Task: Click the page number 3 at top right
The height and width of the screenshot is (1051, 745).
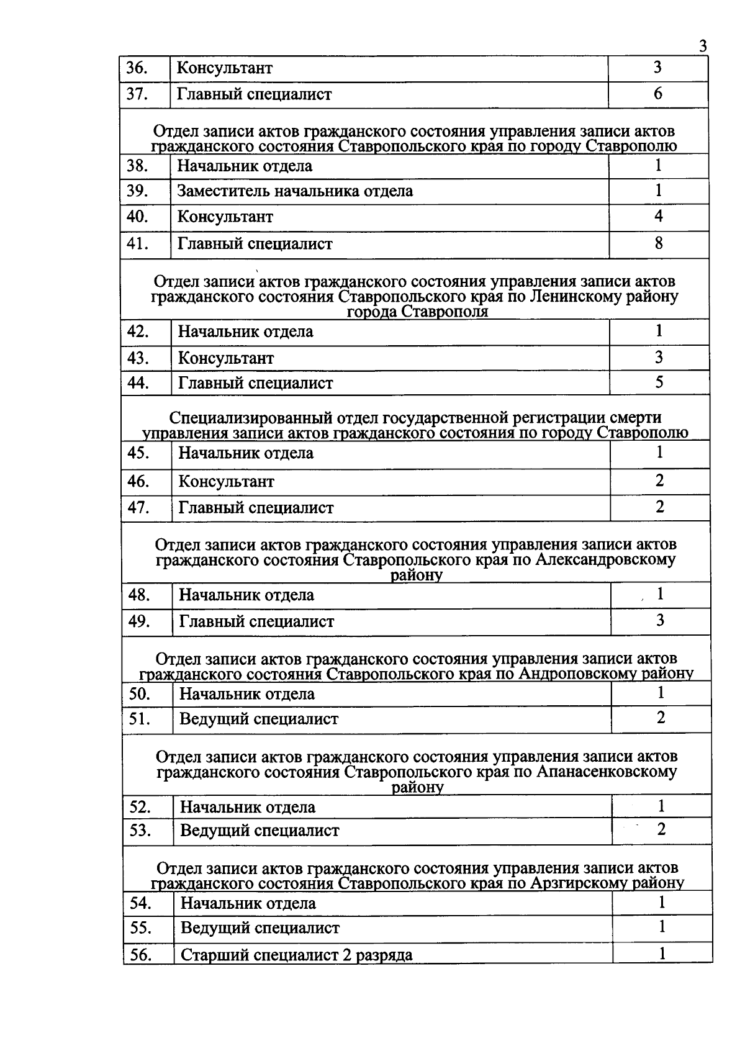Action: pyautogui.click(x=702, y=47)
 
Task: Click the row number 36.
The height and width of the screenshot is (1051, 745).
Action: pyautogui.click(x=137, y=68)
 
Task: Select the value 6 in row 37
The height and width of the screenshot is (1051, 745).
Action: pyautogui.click(x=658, y=94)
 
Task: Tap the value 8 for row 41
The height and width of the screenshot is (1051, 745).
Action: pyautogui.click(x=659, y=243)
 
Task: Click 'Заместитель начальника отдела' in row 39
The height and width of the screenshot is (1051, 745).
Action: pyautogui.click(x=295, y=191)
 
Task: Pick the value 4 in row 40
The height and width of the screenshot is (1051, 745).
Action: pyautogui.click(x=659, y=216)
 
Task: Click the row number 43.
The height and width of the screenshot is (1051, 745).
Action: pyautogui.click(x=138, y=358)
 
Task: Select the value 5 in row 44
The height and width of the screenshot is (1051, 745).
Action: pyautogui.click(x=659, y=382)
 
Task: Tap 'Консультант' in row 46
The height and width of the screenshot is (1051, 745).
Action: pyautogui.click(x=227, y=482)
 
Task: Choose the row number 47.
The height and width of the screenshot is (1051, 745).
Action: pyautogui.click(x=138, y=508)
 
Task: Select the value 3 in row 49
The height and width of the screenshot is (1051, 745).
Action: pyautogui.click(x=660, y=620)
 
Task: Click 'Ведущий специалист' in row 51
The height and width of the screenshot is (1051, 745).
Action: pyautogui.click(x=259, y=719)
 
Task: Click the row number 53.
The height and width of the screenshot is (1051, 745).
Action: pyautogui.click(x=140, y=831)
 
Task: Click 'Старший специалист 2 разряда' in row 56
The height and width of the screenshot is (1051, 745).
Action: pyautogui.click(x=296, y=955)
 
